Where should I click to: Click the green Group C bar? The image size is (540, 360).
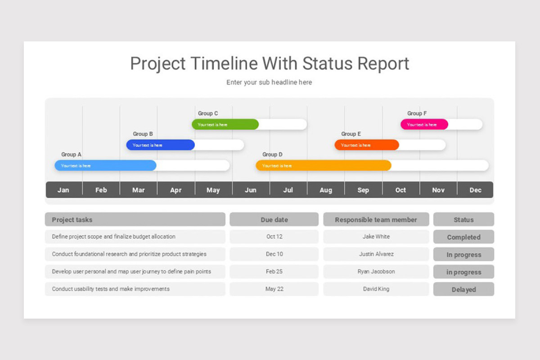click(225, 124)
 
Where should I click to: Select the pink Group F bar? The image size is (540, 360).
click(424, 124)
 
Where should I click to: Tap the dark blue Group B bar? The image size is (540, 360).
click(160, 145)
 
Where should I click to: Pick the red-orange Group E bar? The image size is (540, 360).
click(366, 145)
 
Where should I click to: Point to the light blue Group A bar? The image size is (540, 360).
click(105, 166)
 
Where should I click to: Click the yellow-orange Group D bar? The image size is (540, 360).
click(323, 166)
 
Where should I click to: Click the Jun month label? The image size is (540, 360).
click(251, 190)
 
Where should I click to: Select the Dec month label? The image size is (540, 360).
click(475, 190)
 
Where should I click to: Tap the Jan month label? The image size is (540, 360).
click(63, 190)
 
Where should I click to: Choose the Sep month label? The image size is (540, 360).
click(363, 190)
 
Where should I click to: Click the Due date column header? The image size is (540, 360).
click(274, 220)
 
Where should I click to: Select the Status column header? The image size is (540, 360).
click(463, 220)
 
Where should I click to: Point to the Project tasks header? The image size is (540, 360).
click(72, 220)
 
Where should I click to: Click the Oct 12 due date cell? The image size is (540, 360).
click(274, 237)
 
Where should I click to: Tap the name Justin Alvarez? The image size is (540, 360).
click(376, 254)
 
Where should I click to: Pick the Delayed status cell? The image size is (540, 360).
click(463, 289)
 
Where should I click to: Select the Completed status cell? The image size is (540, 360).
click(463, 237)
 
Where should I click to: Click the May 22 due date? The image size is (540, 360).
click(274, 289)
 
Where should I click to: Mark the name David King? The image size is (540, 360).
click(376, 289)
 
